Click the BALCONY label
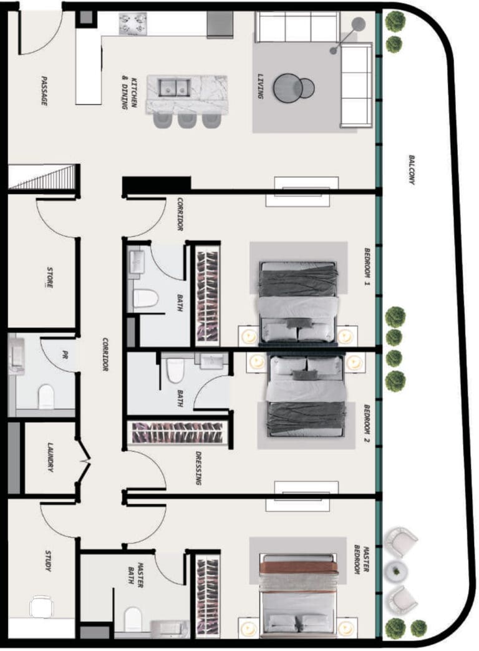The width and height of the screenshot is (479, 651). coord(412,169)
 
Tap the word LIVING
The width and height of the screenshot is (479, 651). coord(260,86)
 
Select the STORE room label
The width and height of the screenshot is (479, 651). coord(49,277)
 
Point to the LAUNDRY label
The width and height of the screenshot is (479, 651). coord(50,457)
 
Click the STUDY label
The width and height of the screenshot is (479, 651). coord(48,560)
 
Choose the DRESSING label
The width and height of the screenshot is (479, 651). coord(199,468)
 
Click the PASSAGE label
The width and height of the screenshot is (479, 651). coord(44,90)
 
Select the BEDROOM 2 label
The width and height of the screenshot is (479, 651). coord(367,423)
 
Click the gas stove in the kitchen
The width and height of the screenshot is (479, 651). coord(133,24)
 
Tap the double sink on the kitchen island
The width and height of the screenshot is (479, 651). coord(175,87)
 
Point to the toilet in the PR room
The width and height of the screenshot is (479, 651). coord(46,396)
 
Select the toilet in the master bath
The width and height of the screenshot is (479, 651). coord(133,620)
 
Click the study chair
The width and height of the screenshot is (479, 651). coord(41,607)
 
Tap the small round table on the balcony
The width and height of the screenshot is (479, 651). coord(397,571)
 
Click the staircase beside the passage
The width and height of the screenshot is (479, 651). coord(44,177)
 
